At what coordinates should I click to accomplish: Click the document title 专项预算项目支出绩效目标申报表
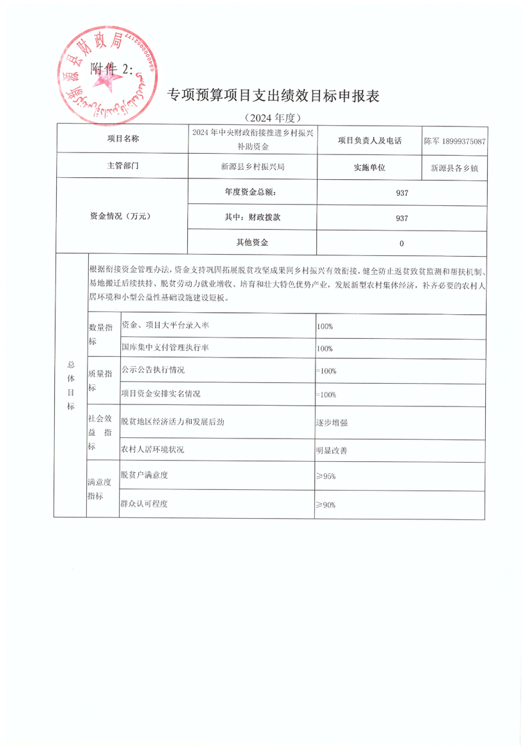point(273,96)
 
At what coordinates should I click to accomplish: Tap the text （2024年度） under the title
point(271,118)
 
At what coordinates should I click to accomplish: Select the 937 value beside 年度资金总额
point(401,193)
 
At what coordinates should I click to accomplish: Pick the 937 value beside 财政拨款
point(401,218)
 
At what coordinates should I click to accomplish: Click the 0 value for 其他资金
point(401,243)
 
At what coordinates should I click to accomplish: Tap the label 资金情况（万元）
point(121,217)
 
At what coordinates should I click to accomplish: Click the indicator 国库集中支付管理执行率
point(166,348)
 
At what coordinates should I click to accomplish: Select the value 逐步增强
point(332,422)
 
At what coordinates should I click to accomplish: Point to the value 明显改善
point(332,451)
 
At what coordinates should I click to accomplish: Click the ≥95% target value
point(326,476)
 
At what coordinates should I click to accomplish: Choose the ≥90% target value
point(326,505)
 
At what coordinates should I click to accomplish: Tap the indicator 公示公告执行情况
point(152,370)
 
